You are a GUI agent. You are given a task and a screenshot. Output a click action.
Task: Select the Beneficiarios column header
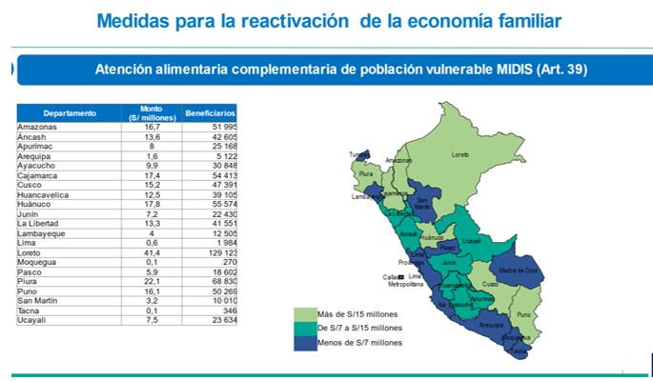pyautogui.click(x=211, y=113)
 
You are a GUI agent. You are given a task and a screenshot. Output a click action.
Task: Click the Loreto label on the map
pyautogui.click(x=460, y=153)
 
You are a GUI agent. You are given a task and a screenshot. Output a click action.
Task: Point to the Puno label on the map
pyautogui.click(x=523, y=314)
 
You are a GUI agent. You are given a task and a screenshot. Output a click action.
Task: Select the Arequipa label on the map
pyautogui.click(x=491, y=325)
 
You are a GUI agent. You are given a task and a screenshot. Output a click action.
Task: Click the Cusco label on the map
pyautogui.click(x=490, y=284)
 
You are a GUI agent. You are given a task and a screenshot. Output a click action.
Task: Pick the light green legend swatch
pyautogui.click(x=304, y=313)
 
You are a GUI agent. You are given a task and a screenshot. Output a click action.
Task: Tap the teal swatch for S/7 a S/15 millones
pyautogui.click(x=304, y=328)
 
